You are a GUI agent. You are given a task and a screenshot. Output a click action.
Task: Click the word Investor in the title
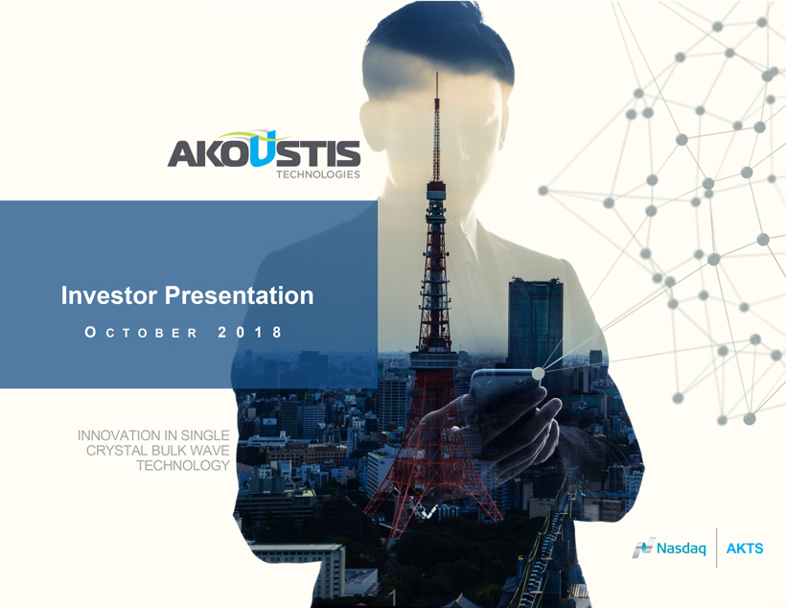(x=109, y=295)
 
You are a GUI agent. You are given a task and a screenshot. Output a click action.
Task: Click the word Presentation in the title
(x=240, y=296)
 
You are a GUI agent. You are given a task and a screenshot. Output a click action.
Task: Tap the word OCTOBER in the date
(x=141, y=333)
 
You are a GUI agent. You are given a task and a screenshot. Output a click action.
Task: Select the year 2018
(x=250, y=332)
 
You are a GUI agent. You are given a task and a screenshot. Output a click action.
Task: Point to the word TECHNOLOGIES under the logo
(x=318, y=175)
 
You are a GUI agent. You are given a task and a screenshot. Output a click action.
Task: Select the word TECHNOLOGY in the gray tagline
(x=183, y=465)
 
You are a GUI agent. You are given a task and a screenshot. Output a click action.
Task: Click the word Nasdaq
(x=682, y=549)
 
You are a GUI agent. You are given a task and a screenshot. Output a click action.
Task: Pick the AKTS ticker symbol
(x=745, y=549)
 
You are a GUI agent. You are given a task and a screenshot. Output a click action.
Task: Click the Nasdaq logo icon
(x=643, y=548)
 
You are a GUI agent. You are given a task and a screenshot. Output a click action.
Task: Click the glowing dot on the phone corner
(x=538, y=374)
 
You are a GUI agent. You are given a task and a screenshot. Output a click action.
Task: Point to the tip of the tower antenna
(x=436, y=73)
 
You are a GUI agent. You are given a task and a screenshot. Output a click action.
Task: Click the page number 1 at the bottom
(x=394, y=596)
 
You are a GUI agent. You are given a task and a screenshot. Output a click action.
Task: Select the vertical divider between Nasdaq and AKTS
(x=716, y=548)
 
